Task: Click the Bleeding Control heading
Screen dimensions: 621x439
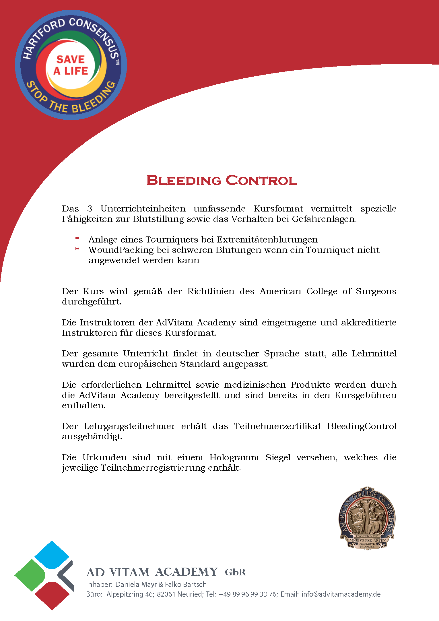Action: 222,181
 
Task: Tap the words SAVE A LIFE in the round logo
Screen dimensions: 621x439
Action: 71,65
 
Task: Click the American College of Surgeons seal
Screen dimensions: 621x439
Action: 367,518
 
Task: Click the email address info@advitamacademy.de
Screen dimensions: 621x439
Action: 341,594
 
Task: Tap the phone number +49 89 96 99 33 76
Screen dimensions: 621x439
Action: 248,594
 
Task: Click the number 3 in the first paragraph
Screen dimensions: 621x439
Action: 90,209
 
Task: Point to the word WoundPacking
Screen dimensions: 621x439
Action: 121,250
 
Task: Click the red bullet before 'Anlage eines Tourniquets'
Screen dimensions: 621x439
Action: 77,238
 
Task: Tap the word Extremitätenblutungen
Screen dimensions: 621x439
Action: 267,240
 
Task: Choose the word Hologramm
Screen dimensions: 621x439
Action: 234,457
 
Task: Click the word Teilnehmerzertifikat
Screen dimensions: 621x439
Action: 277,426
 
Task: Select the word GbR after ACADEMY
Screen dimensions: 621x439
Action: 235,572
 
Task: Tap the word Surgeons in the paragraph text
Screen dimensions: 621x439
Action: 376,291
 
